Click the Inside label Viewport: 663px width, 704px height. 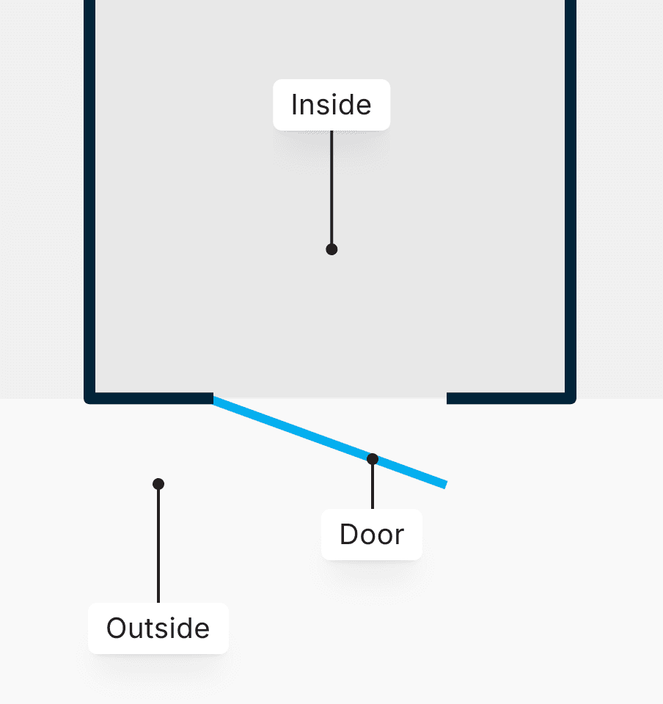pos(331,105)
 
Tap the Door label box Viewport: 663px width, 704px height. pos(372,535)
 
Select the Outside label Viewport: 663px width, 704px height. pos(158,628)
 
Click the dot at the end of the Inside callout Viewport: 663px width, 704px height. pos(331,249)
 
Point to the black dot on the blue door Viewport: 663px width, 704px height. pos(373,459)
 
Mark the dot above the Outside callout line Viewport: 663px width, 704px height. pos(158,484)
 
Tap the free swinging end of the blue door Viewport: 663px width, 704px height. pos(443,484)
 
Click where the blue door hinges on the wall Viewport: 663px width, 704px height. pos(215,400)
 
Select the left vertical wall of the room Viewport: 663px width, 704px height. pos(90,198)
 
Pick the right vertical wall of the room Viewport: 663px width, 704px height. pos(571,198)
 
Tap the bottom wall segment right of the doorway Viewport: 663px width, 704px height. pos(510,398)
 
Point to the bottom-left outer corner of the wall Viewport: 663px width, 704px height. pos(87,401)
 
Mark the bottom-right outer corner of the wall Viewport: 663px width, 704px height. pos(574,401)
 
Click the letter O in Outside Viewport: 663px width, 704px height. pos(115,628)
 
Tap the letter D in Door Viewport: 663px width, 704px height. pos(348,535)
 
